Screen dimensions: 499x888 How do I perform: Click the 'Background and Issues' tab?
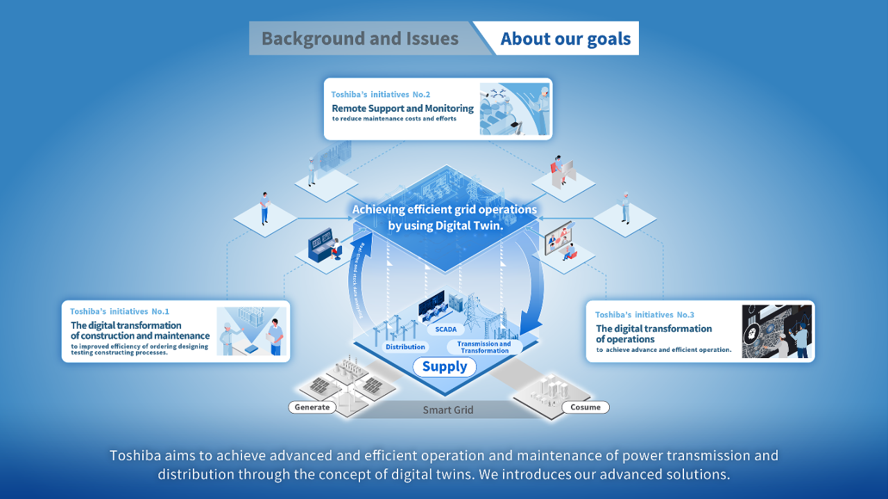360,38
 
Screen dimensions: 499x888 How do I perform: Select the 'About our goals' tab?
565,38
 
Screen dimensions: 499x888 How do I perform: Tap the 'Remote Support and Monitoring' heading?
402,108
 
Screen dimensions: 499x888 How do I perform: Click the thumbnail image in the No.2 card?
514,109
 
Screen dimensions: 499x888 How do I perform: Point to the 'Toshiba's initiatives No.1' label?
119,312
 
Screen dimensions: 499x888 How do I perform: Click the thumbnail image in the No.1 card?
251,331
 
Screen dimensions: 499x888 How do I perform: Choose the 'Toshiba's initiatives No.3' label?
644,314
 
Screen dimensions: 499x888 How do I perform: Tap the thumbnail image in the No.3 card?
776,331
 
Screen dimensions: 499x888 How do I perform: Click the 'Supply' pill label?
445,366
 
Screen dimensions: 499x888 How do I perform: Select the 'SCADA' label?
445,330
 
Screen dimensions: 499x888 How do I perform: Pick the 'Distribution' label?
405,346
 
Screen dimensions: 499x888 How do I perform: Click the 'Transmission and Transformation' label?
485,347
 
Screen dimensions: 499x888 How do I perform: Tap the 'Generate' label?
312,407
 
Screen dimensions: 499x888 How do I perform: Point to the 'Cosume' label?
586,407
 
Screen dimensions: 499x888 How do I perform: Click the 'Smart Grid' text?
448,410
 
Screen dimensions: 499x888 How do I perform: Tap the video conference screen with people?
558,236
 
